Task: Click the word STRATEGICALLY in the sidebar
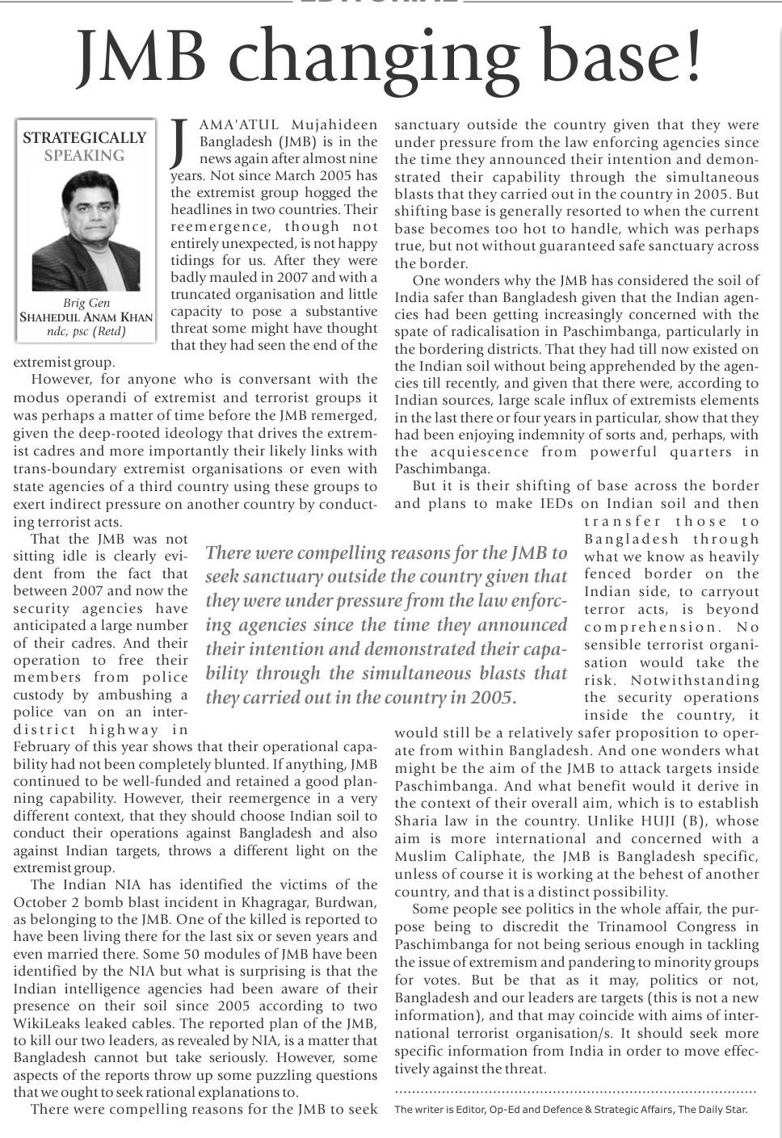(85, 138)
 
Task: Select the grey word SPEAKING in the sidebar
(85, 156)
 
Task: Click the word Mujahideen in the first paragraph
(334, 124)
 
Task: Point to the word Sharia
(415, 821)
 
